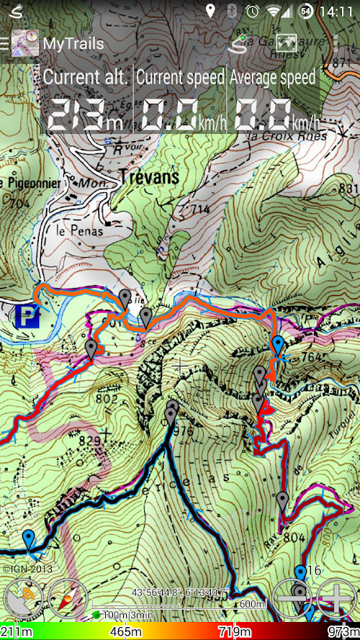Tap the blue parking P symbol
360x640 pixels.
click(27, 317)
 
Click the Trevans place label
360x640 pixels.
click(149, 177)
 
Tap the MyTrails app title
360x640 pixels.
click(73, 43)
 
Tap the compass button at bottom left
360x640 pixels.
click(68, 598)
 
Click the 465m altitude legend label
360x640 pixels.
click(126, 632)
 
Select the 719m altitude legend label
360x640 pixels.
click(235, 632)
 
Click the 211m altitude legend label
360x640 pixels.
click(17, 632)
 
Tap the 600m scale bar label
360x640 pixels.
click(253, 603)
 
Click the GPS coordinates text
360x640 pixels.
click(180, 592)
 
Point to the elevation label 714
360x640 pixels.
click(200, 209)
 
